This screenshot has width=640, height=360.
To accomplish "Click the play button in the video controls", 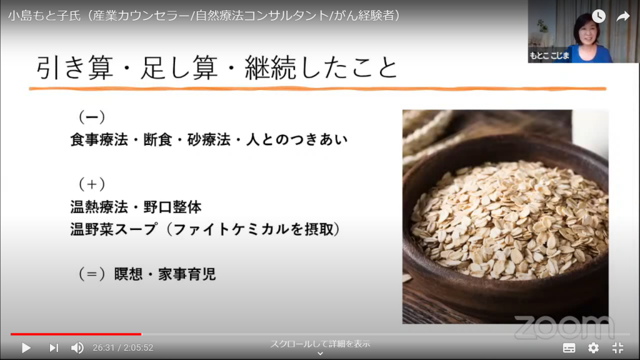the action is (x=26, y=347).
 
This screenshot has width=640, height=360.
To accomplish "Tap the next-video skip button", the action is (x=54, y=347).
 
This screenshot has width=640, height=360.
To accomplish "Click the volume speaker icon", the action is (x=77, y=347).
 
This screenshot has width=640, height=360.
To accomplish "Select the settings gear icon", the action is (x=594, y=347).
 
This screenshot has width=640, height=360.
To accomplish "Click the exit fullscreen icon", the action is (x=618, y=347).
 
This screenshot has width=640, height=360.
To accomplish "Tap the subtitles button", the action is (x=569, y=347).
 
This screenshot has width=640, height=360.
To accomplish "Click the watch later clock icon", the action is (x=599, y=16).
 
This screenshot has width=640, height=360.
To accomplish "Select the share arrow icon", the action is (x=623, y=16).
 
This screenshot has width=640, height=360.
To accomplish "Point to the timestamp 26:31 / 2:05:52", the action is (x=123, y=347).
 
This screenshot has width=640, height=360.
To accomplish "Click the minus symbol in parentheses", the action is (x=92, y=117).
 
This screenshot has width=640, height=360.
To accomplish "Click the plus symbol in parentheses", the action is (x=92, y=184).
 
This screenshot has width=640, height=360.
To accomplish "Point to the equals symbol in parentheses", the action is (x=92, y=274).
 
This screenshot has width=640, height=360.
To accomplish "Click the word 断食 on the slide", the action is (x=157, y=139).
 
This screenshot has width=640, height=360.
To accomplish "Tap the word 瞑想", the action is (x=128, y=274).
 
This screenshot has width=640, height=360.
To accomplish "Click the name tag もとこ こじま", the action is (x=549, y=56).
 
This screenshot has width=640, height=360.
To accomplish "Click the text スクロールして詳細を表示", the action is (x=320, y=344).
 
